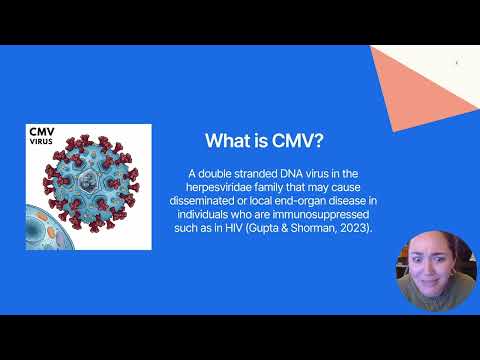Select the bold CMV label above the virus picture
pos(41,132)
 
